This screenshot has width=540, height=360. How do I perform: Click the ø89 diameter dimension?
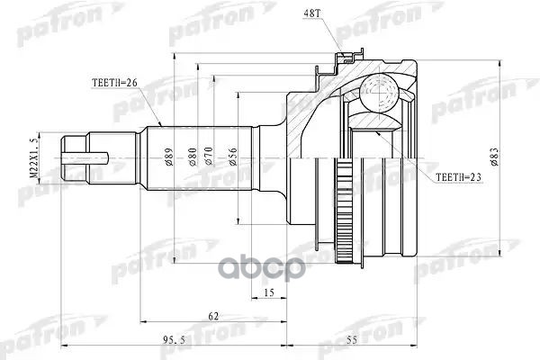pyautogui.click(x=170, y=159)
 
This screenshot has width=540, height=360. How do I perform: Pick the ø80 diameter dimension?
pyautogui.click(x=190, y=159)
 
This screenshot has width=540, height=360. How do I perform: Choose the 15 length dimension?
pyautogui.click(x=269, y=292)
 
